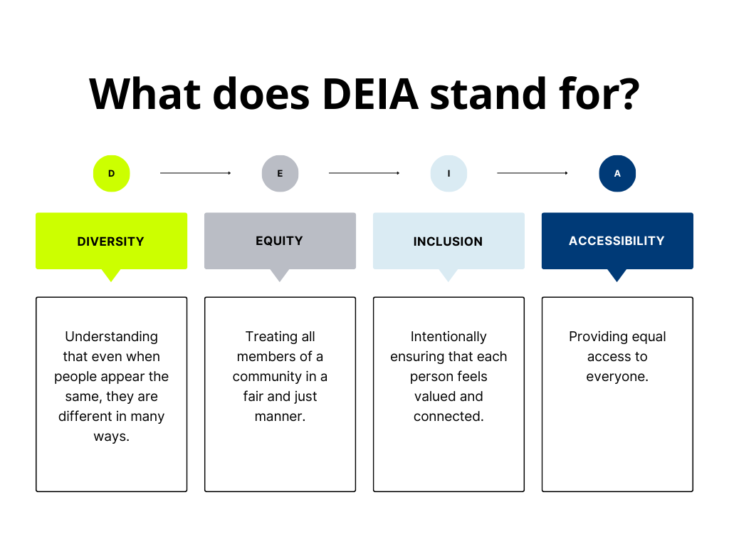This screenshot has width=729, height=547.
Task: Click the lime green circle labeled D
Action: tap(111, 174)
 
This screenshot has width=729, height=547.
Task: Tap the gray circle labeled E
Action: tap(280, 174)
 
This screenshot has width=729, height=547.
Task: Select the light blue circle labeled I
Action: tap(449, 174)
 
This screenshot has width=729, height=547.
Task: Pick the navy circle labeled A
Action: tap(617, 174)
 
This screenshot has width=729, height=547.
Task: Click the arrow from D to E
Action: tap(196, 173)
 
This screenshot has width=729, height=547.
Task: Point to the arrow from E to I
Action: tap(364, 173)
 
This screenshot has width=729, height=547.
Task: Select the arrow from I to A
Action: tap(533, 173)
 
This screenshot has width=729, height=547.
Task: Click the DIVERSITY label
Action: tap(111, 241)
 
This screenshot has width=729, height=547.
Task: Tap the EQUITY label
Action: tap(279, 241)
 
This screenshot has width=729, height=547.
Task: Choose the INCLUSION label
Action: tap(448, 241)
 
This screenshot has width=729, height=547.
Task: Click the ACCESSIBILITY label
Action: tap(617, 241)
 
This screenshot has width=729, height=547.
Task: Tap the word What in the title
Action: tap(144, 93)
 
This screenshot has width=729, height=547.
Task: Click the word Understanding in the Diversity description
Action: tap(111, 337)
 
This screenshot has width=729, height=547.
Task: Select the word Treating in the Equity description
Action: tap(270, 336)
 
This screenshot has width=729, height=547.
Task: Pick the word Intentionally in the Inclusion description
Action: tap(449, 337)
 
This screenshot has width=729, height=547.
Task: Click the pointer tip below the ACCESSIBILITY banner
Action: tap(617, 278)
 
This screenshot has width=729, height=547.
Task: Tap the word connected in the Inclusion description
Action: tap(448, 417)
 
